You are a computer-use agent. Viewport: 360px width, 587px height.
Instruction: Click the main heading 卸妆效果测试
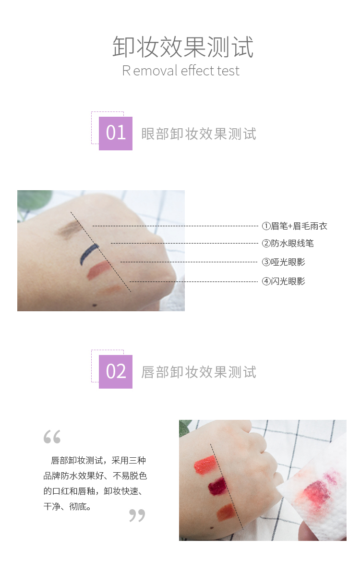tap(182, 47)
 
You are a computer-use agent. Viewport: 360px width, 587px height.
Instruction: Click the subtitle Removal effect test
tap(180, 71)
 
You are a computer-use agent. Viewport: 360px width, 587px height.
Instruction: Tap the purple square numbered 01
tap(116, 134)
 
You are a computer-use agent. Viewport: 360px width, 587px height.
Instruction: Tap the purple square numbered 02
tap(116, 372)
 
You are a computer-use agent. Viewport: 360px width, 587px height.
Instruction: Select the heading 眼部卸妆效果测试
tap(199, 134)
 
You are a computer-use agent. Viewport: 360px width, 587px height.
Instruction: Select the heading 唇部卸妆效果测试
tap(199, 372)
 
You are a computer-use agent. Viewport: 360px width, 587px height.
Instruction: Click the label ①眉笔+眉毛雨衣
tap(295, 226)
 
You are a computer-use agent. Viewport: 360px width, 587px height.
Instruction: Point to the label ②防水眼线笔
tap(288, 244)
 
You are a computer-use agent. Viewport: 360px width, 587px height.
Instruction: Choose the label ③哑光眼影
tap(284, 262)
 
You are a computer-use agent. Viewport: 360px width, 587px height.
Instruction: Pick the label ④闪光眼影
tap(284, 281)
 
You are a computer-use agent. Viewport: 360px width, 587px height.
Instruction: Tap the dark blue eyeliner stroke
tap(88, 254)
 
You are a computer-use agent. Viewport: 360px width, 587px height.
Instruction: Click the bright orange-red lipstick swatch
tap(205, 465)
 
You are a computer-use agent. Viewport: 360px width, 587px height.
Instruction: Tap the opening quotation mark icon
tap(52, 437)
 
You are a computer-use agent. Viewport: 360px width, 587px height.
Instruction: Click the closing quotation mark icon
tap(137, 515)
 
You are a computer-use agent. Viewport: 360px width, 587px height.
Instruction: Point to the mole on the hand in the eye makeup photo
tap(95, 305)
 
